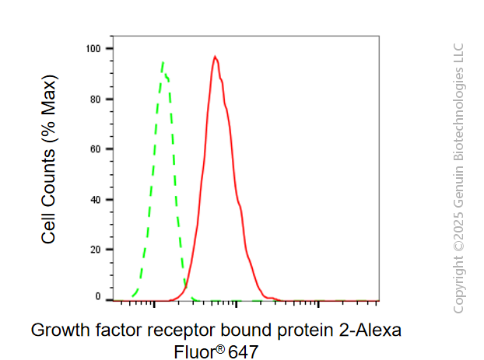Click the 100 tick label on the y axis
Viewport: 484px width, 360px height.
pyautogui.click(x=93, y=49)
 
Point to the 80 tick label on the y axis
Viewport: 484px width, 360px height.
pyautogui.click(x=96, y=100)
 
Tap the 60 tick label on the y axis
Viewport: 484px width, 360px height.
pyautogui.click(x=96, y=149)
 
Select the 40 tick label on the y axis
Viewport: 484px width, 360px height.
pyautogui.click(x=96, y=200)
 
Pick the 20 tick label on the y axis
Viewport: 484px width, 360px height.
pyautogui.click(x=96, y=250)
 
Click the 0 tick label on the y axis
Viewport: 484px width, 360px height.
pyautogui.click(x=98, y=296)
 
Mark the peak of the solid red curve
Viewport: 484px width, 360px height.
pyautogui.click(x=215, y=57)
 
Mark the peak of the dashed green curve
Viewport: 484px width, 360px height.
pyautogui.click(x=163, y=62)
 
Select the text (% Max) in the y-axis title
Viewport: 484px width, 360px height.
pyautogui.click(x=49, y=109)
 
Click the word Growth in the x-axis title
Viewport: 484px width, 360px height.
pyautogui.click(x=61, y=330)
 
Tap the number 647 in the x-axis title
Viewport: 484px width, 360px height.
pyautogui.click(x=244, y=352)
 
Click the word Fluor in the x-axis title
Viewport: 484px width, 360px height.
pyautogui.click(x=195, y=352)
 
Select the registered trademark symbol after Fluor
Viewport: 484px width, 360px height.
pyautogui.click(x=220, y=350)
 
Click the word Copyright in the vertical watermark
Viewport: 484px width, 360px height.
pyautogui.click(x=458, y=284)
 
